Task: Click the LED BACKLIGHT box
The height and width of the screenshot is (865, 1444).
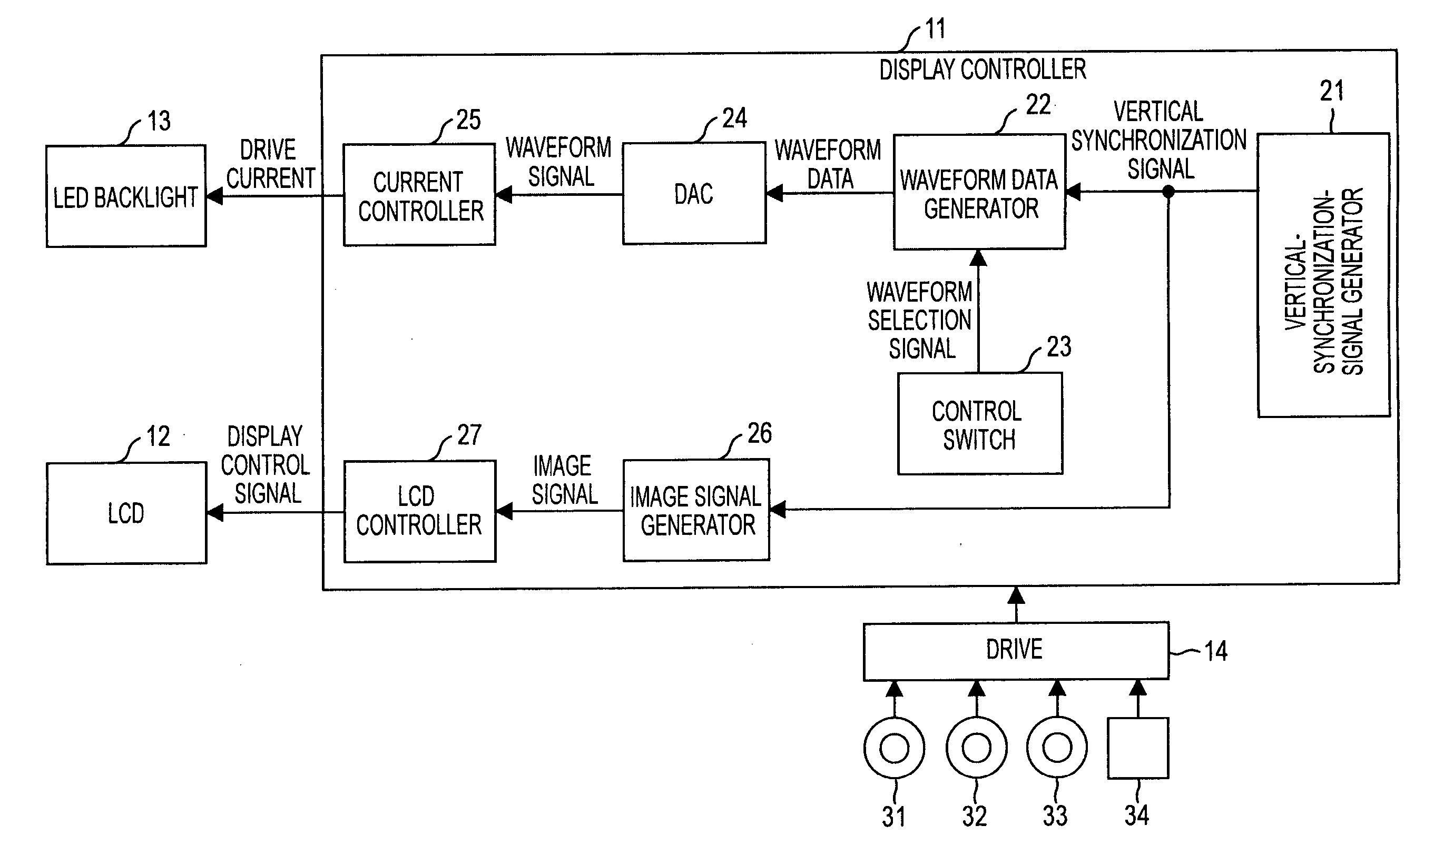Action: [x=126, y=196]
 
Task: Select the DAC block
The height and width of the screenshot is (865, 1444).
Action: [x=694, y=193]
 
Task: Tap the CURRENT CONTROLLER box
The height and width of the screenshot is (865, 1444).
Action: [x=419, y=195]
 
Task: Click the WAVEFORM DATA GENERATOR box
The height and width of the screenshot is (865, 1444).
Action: [x=980, y=192]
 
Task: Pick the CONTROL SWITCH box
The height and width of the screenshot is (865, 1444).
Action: [x=980, y=424]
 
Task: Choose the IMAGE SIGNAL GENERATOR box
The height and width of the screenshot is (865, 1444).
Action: [x=696, y=511]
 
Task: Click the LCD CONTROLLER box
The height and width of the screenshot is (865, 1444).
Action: [x=420, y=512]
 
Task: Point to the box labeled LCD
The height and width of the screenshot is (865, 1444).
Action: [x=126, y=513]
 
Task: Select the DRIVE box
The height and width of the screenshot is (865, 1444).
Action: [x=1016, y=651]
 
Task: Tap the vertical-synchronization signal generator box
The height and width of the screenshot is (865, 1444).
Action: [x=1323, y=275]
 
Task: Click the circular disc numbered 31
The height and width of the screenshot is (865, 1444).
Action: [x=894, y=748]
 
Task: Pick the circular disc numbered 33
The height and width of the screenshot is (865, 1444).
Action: [x=1057, y=747]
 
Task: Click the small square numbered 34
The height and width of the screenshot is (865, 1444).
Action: [x=1138, y=748]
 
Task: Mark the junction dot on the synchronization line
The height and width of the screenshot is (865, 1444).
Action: [x=1168, y=191]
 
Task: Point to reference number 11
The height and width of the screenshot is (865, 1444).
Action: [x=936, y=29]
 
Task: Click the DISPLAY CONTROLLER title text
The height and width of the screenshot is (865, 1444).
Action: [x=983, y=70]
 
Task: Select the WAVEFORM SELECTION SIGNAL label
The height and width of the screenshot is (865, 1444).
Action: [x=920, y=320]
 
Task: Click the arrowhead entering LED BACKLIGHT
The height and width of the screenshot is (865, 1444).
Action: [x=214, y=196]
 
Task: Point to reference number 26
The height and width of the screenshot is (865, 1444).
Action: [x=759, y=434]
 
